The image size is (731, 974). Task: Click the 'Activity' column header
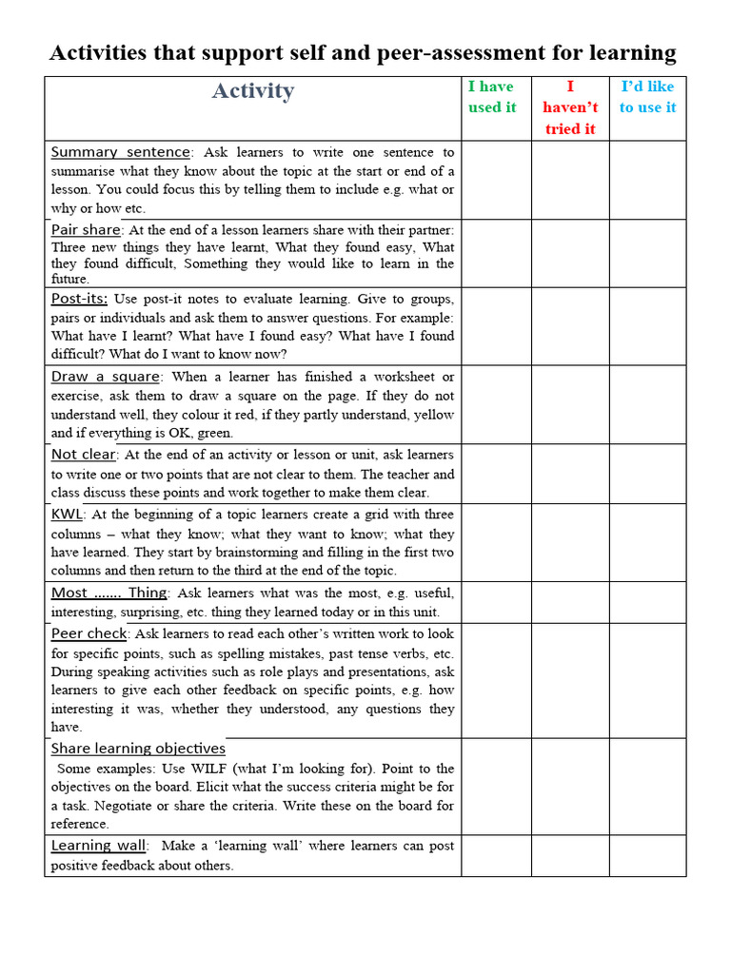252,91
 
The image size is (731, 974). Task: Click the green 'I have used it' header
492,97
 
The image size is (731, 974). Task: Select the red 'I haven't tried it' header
570,107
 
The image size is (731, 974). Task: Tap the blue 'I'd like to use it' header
647,97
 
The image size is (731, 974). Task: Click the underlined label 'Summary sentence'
121,152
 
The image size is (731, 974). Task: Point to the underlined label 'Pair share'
86,229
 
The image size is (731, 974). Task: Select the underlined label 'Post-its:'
79,299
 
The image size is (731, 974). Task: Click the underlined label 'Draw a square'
106,377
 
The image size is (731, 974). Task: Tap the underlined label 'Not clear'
83,455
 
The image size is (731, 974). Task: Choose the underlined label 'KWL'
68,515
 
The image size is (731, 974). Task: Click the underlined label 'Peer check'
89,633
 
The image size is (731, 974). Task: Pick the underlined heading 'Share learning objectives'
138,749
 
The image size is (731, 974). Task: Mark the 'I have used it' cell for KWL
496,542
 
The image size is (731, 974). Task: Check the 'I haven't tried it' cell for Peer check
570,680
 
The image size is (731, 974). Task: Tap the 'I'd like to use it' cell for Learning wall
647,855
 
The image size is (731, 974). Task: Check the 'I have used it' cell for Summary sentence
496,180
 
